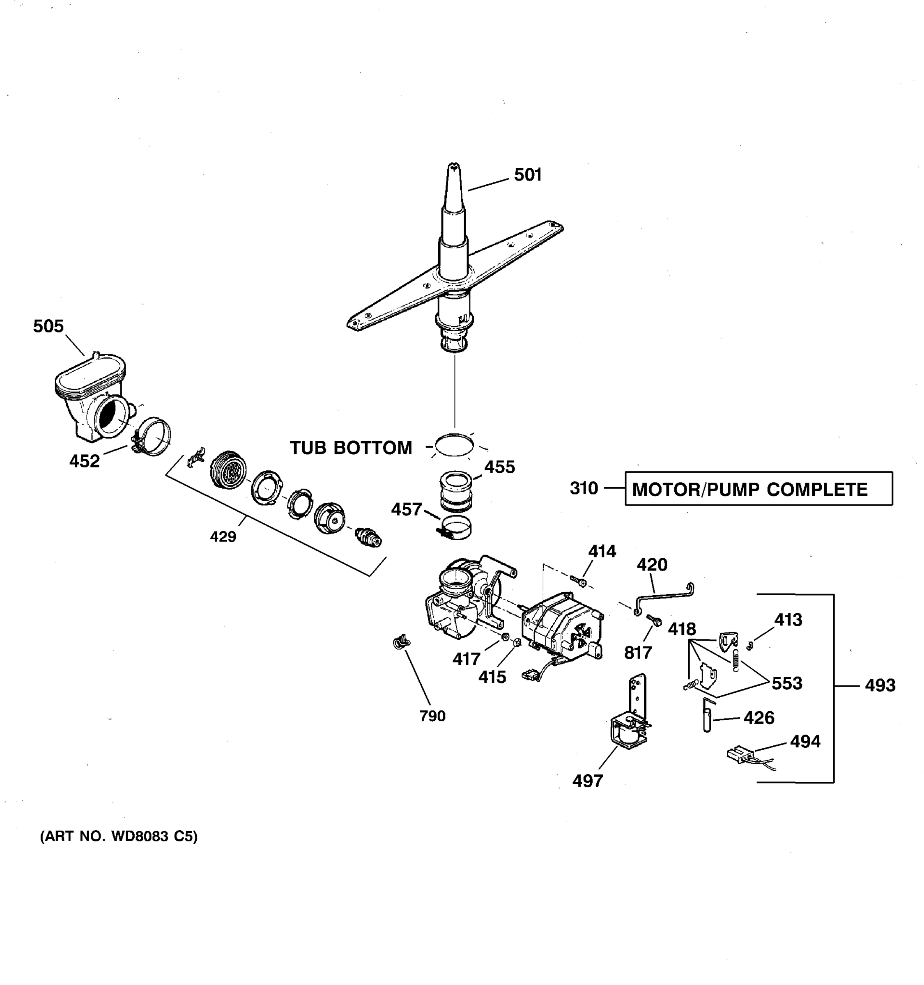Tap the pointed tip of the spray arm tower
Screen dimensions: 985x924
pos(453,166)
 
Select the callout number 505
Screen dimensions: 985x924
pos(48,326)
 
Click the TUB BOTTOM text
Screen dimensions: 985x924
pos(350,448)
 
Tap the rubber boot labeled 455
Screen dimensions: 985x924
pos(455,491)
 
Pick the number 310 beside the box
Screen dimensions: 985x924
pos(584,488)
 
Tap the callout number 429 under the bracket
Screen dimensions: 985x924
pos(223,536)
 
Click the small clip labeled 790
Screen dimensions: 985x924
pos(400,643)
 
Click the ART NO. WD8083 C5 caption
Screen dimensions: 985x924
pos(119,837)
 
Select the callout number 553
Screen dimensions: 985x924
pos(787,684)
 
